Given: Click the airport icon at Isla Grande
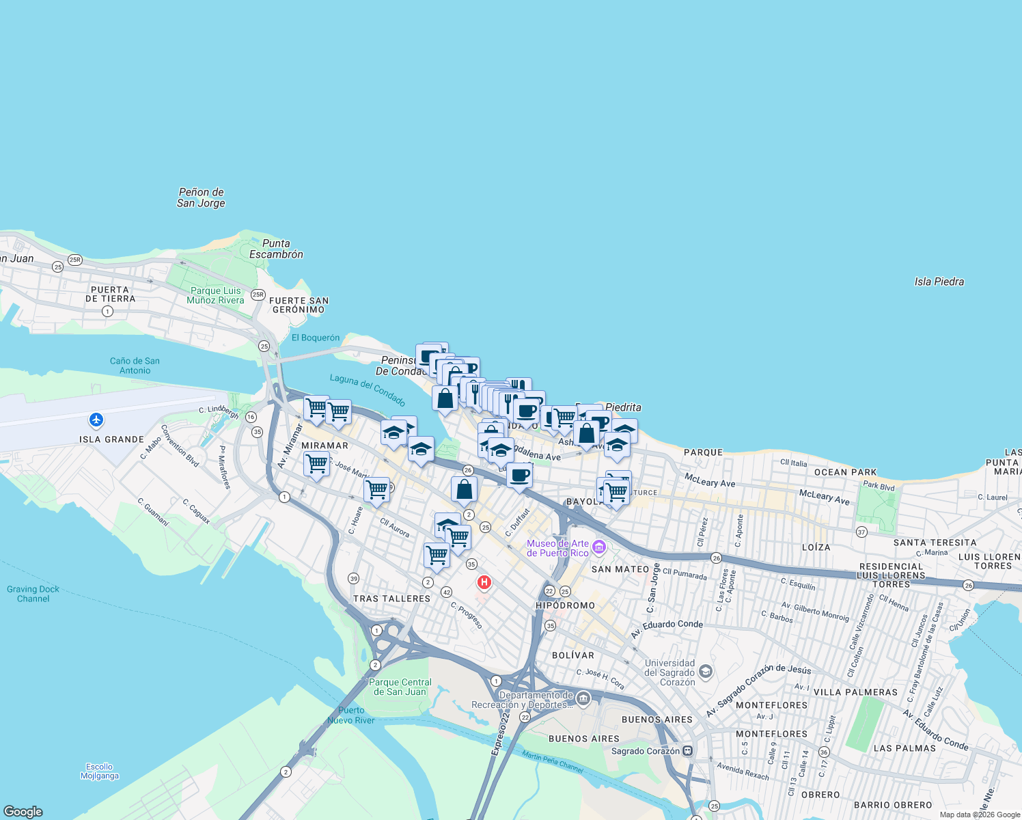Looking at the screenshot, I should click(x=96, y=419).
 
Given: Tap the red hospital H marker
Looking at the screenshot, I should click(x=484, y=582).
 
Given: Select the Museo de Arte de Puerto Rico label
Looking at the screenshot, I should click(x=557, y=548).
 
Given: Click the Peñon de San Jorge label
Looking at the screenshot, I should click(x=201, y=197).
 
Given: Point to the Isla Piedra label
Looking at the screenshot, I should click(x=939, y=282).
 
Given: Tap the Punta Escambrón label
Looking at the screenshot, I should click(x=276, y=249).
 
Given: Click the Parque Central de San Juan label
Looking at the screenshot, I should click(x=400, y=687).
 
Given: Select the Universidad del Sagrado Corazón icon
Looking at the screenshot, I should click(x=706, y=671).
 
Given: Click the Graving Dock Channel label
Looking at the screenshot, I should click(x=33, y=594).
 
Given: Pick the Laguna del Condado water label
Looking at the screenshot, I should click(x=368, y=389).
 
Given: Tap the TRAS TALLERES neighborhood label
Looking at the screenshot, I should click(x=391, y=599).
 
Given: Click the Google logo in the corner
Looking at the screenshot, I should click(x=23, y=811).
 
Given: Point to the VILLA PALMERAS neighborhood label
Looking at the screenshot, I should click(x=855, y=692).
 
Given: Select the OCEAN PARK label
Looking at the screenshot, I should click(x=845, y=472).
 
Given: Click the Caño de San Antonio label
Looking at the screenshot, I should click(x=135, y=366).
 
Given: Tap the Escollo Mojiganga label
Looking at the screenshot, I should click(x=99, y=771).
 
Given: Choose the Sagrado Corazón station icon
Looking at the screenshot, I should click(x=688, y=751).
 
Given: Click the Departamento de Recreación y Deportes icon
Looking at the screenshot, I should click(x=583, y=698).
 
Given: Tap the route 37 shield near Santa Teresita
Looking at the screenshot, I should click(x=861, y=532).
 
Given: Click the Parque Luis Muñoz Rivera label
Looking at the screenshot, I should click(x=216, y=295).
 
